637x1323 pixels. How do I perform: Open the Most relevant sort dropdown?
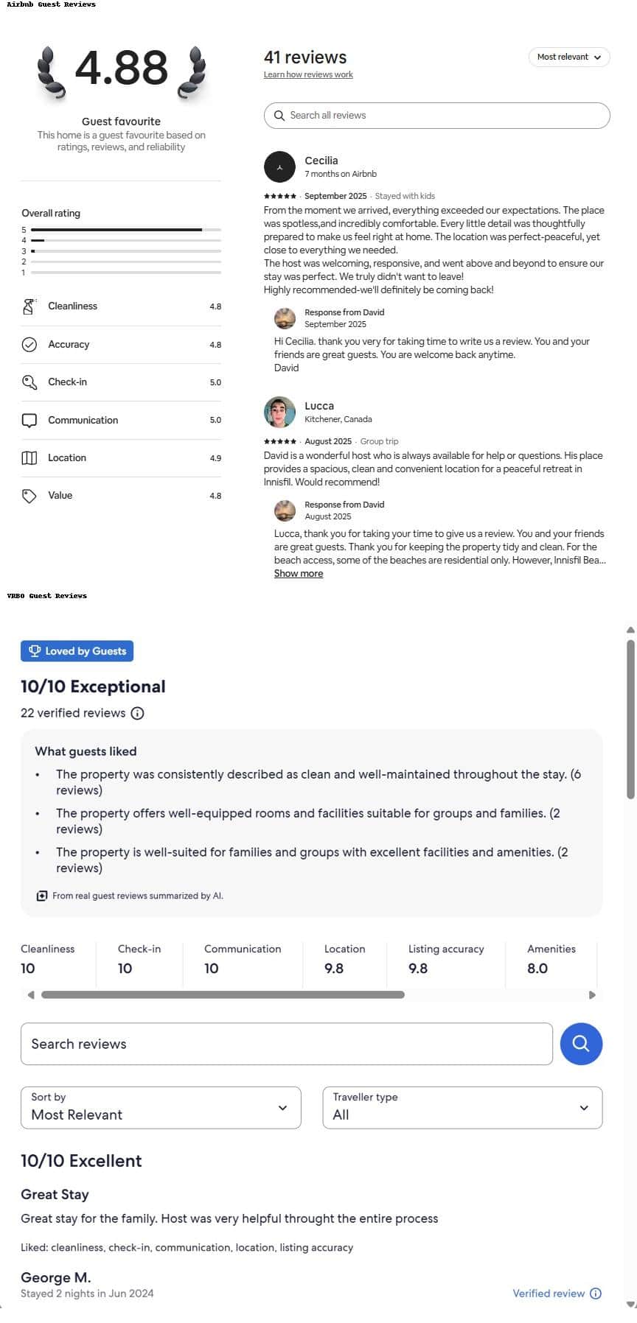568,57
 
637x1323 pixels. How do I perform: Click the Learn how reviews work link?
308,74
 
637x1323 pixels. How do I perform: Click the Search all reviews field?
436,116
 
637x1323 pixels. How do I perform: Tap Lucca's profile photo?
279,412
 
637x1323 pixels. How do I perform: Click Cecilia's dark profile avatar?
279,167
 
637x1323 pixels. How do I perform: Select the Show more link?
298,574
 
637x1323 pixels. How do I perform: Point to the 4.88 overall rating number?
122,68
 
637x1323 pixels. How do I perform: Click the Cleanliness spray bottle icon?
29,306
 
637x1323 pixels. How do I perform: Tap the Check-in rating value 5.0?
215,382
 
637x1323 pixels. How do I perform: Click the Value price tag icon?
29,496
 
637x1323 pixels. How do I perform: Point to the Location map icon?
29,458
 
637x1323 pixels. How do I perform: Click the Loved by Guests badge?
77,651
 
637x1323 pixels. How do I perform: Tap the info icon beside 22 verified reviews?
137,713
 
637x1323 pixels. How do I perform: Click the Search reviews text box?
286,1044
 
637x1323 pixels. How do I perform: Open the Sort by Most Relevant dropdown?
161,1107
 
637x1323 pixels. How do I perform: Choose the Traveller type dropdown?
462,1107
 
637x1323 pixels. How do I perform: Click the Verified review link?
549,1294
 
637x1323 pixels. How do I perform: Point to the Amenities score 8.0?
537,969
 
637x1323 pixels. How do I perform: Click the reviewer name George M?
56,1277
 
